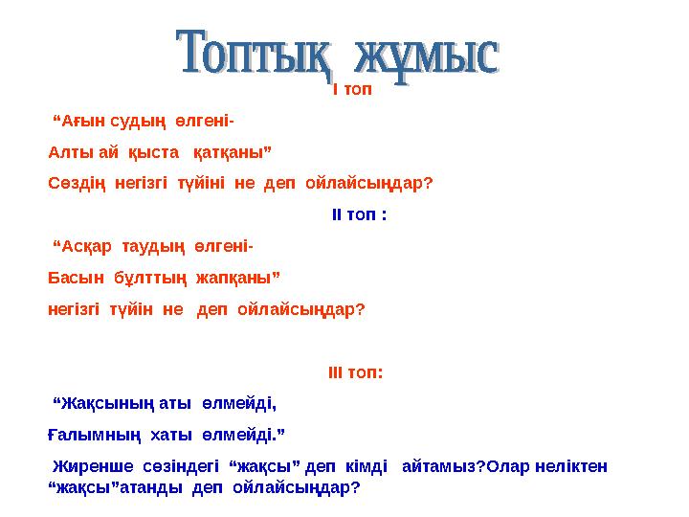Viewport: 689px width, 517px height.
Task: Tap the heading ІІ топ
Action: click(x=359, y=214)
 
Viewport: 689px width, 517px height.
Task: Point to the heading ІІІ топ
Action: click(x=355, y=371)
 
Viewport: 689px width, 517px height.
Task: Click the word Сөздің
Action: click(x=77, y=182)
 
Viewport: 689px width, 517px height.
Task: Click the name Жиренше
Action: click(x=85, y=467)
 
